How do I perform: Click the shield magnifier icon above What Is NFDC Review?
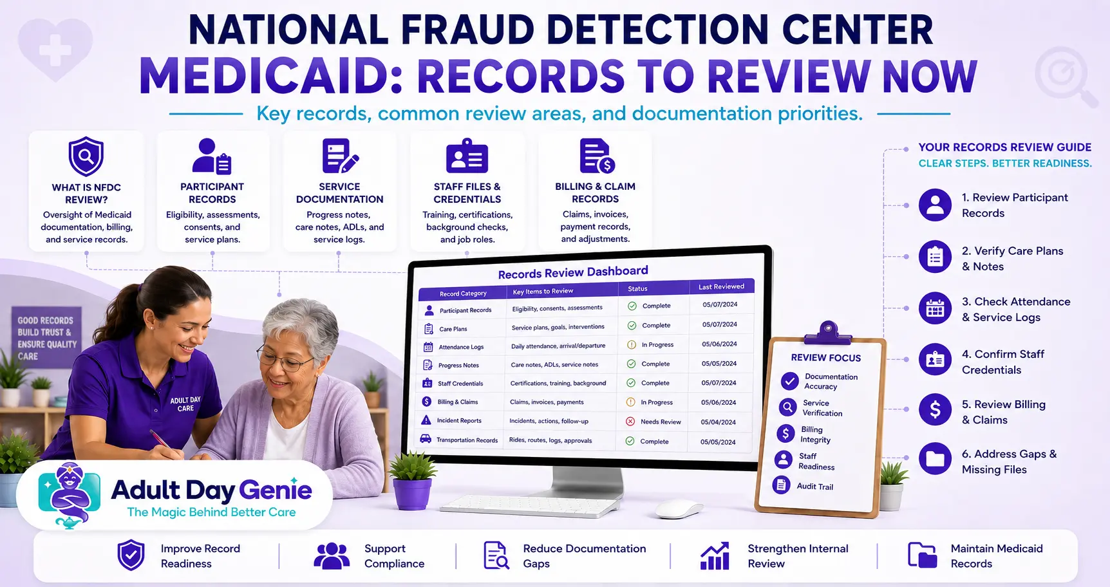tap(86, 156)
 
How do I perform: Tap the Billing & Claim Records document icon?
tap(597, 156)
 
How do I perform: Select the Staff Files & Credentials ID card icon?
tap(467, 156)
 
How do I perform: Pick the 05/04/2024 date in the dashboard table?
tap(718, 422)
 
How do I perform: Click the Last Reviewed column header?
tap(721, 286)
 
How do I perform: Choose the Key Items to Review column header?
tap(543, 291)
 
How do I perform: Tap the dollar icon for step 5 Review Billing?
tap(935, 409)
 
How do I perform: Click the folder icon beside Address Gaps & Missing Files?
tap(935, 459)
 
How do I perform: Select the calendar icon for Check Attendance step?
tap(935, 308)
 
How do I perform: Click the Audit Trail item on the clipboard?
tap(814, 487)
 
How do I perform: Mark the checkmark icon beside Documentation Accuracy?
tap(789, 381)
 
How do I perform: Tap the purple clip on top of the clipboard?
tap(827, 331)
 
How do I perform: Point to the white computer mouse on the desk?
tap(679, 509)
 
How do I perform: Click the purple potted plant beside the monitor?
tap(412, 487)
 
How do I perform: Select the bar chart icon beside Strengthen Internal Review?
tap(715, 556)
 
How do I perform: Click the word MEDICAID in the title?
tap(271, 77)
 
